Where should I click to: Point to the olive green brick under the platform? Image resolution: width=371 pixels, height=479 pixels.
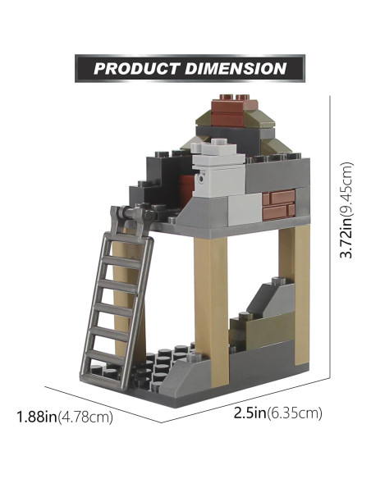tap(253, 333)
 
